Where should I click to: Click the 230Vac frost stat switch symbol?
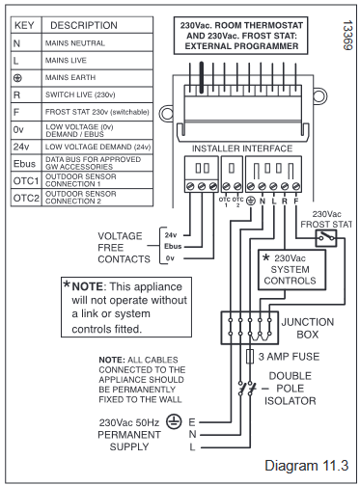tap(326, 238)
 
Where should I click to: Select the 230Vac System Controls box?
tap(291, 270)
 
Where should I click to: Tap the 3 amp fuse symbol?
tap(250, 357)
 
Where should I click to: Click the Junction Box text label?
tap(308, 328)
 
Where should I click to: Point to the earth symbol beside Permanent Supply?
tap(174, 421)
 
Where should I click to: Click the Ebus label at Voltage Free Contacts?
tap(173, 247)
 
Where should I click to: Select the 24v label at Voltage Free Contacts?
tap(171, 235)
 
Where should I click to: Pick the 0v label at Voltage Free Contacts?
tap(170, 258)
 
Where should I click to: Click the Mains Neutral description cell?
tap(97, 42)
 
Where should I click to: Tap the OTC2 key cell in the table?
tap(26, 198)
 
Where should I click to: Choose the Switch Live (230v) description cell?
tap(97, 94)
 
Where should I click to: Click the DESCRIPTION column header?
tap(84, 25)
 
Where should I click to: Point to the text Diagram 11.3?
tap(306, 466)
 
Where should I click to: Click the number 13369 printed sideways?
tap(347, 36)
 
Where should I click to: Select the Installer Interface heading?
tap(242, 148)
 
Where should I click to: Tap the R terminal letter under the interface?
tap(285, 202)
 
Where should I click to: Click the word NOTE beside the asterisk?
tap(87, 286)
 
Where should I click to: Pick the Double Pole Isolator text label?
tap(291, 389)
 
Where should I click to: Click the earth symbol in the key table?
tap(17, 78)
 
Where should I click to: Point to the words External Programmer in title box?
tap(241, 46)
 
